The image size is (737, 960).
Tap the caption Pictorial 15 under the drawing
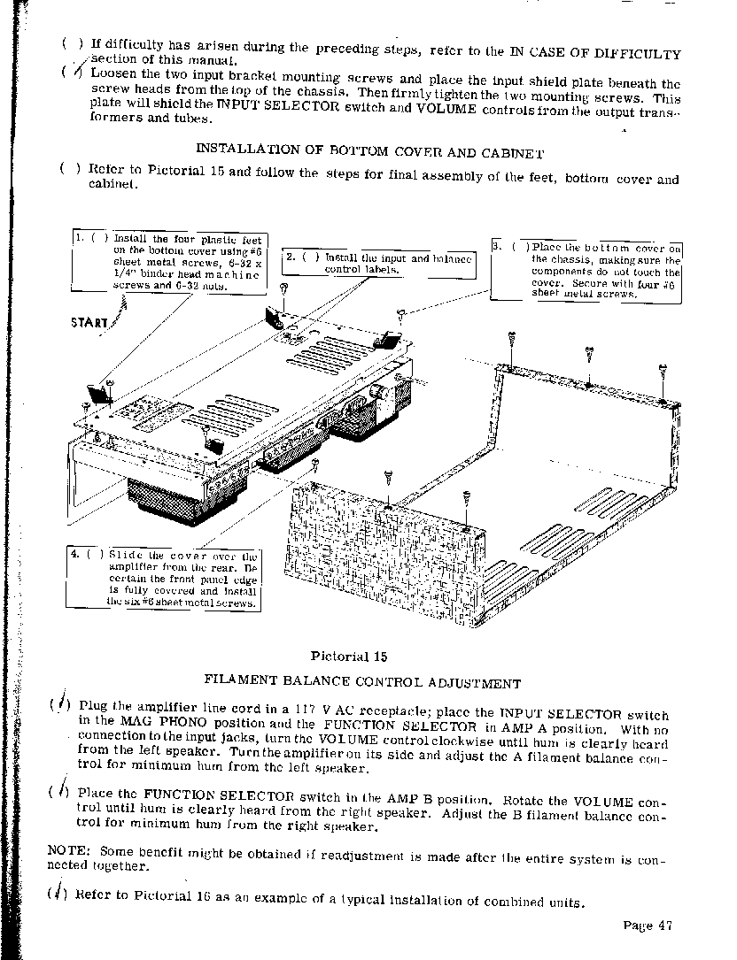coord(350,656)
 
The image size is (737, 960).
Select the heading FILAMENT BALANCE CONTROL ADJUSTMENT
coord(362,682)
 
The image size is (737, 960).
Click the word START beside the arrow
coord(89,322)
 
